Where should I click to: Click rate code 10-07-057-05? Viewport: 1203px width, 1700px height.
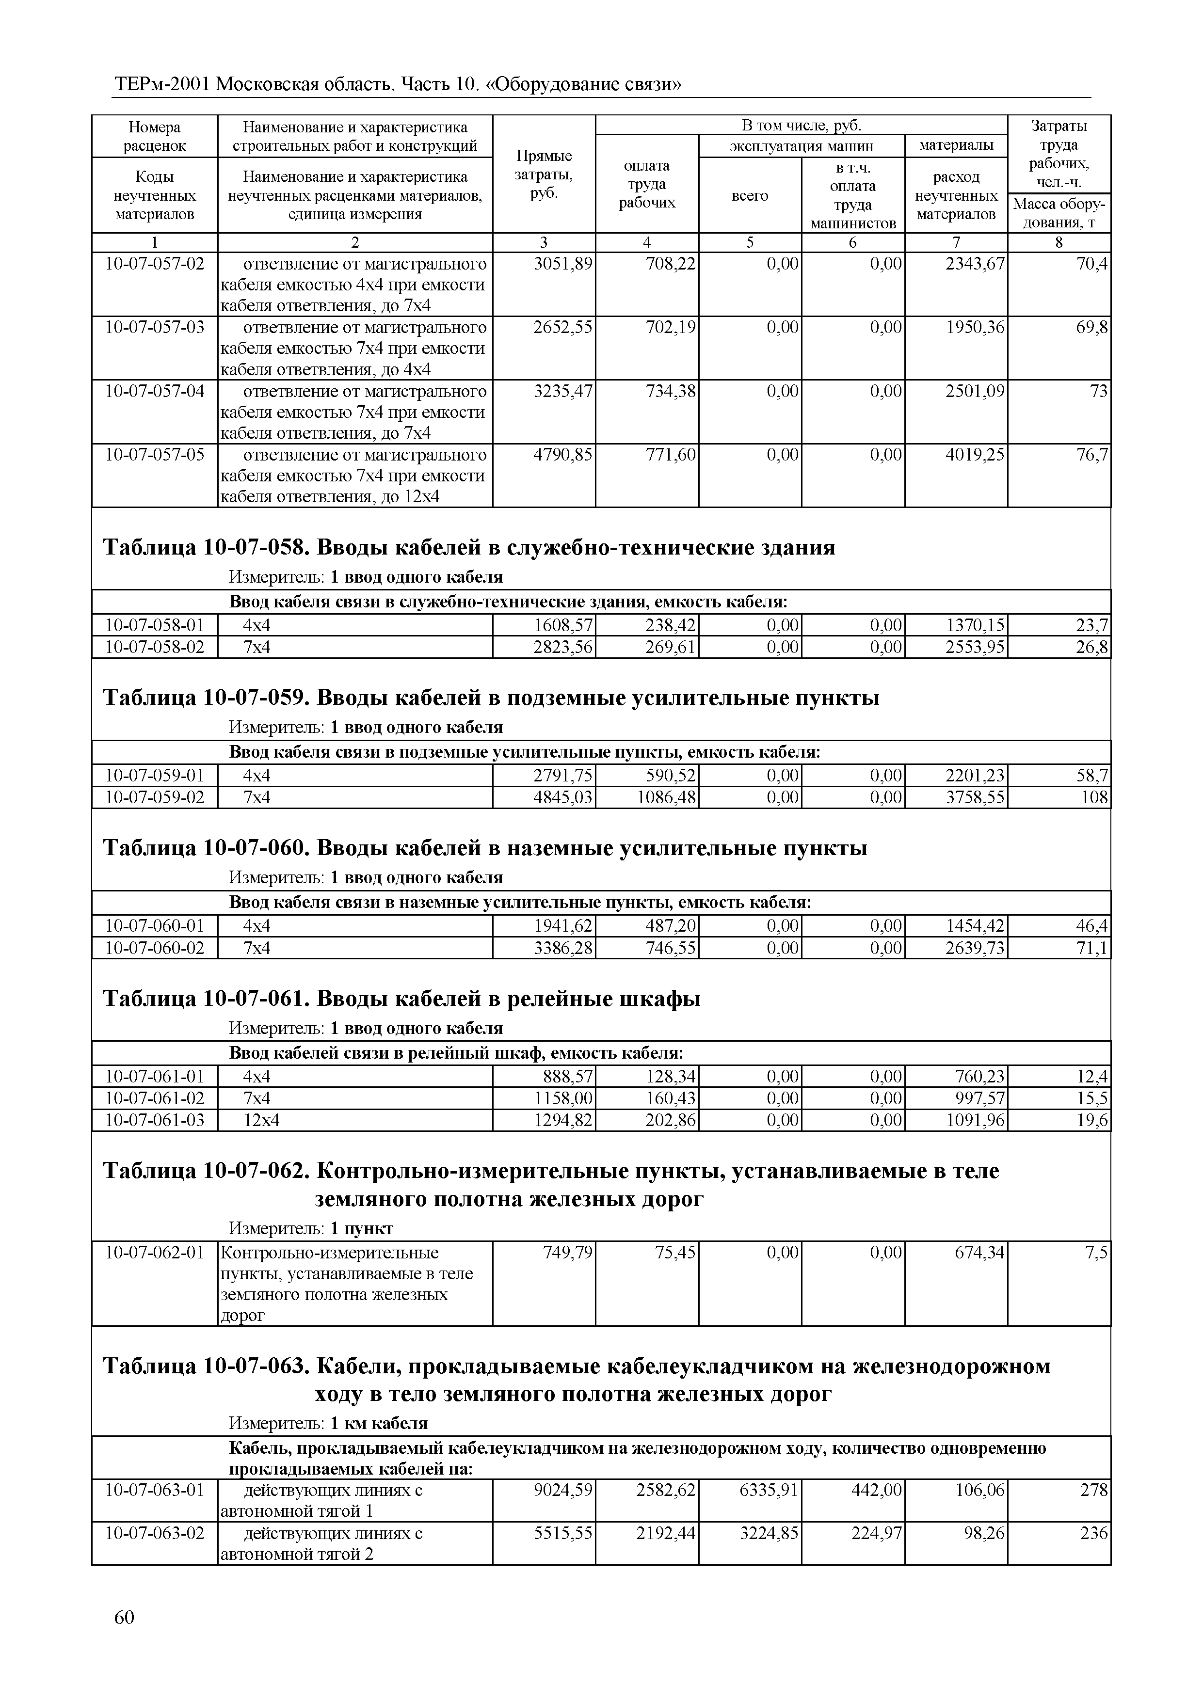[155, 454]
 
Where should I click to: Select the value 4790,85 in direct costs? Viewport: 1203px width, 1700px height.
[563, 454]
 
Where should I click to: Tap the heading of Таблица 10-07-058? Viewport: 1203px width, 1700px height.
[468, 547]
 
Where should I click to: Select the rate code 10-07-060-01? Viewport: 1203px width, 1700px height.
[155, 925]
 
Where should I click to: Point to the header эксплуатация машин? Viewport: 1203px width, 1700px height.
[801, 146]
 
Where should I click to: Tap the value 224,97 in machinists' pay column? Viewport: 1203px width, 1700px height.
[876, 1533]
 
